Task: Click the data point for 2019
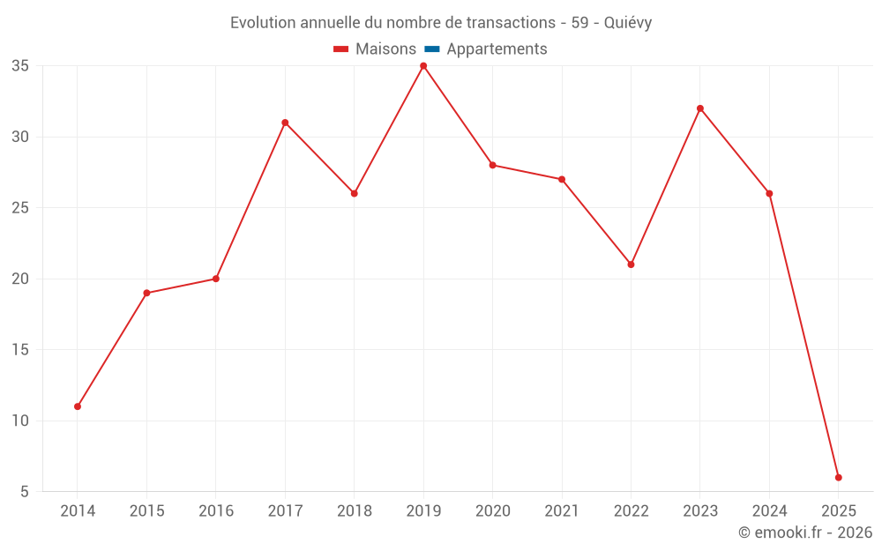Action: (423, 66)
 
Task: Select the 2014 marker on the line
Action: (78, 406)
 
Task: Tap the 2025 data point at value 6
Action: (838, 478)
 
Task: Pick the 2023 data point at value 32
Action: (700, 108)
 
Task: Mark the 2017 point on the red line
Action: (285, 123)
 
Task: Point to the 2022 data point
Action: (631, 264)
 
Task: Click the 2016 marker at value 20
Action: (216, 279)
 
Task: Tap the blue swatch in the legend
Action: (431, 49)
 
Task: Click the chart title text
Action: (441, 23)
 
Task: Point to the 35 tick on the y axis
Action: (21, 66)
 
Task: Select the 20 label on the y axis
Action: (21, 279)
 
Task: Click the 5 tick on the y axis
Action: (26, 492)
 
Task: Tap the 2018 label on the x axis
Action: (355, 511)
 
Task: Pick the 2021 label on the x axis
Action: (562, 511)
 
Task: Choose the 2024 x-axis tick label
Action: (769, 511)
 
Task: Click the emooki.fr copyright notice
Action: (804, 532)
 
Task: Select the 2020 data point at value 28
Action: (492, 165)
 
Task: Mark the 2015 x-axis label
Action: (146, 511)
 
